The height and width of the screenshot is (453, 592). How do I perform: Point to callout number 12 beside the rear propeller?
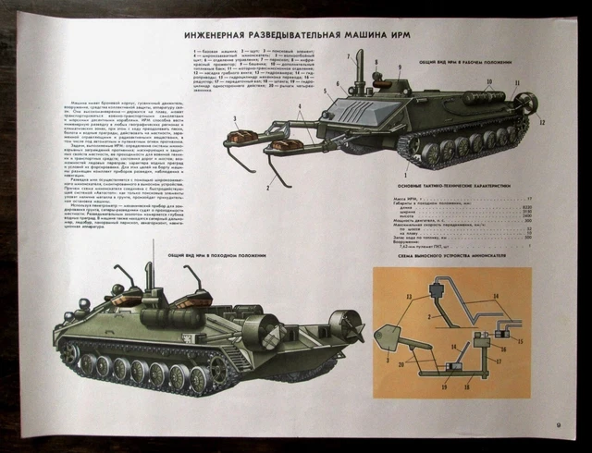click(x=543, y=121)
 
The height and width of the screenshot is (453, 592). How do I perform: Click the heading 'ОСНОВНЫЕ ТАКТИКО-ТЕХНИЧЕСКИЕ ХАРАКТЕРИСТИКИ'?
click(x=450, y=185)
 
